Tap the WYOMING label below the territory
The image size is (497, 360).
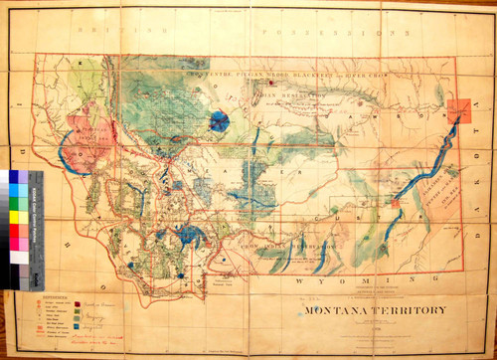[327, 282]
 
